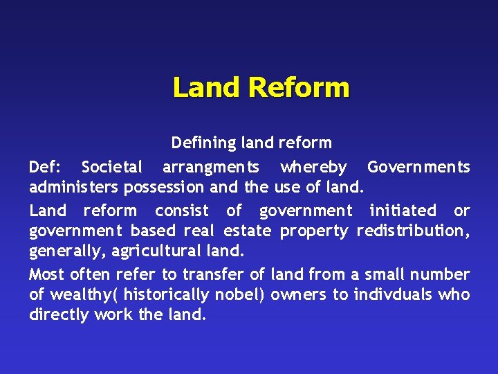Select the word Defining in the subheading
[x=203, y=143]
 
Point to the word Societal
[x=112, y=167]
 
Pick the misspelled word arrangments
[x=211, y=167]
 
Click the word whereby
[x=313, y=167]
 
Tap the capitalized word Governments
[x=418, y=167]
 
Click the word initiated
[x=403, y=211]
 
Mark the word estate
[x=247, y=231]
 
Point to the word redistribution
[x=412, y=231]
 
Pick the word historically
[x=167, y=294]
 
